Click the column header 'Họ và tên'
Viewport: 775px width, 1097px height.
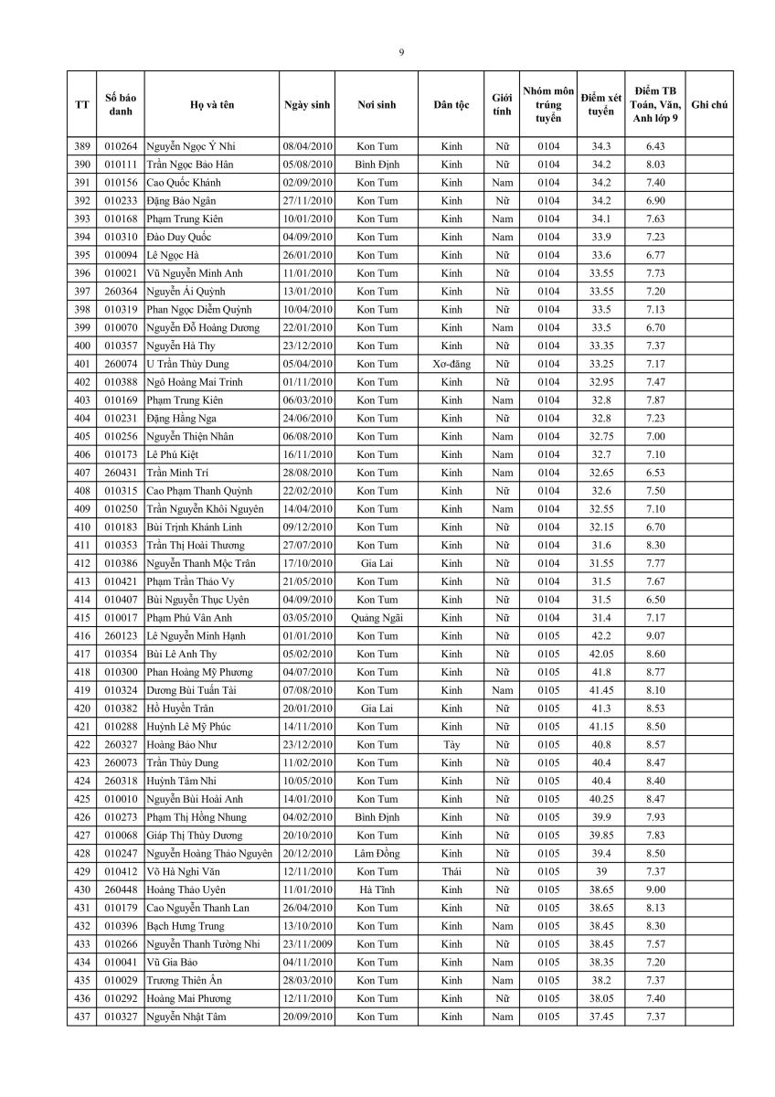(x=212, y=105)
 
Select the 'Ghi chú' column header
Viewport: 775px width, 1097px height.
(x=709, y=105)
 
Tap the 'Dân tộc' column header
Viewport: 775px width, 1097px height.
(x=451, y=105)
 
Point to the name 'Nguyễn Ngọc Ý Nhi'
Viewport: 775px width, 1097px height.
(x=190, y=146)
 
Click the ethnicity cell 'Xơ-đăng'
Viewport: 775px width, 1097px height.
(x=451, y=364)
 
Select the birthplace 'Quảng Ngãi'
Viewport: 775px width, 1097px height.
(x=377, y=618)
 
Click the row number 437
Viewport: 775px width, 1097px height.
(x=81, y=1016)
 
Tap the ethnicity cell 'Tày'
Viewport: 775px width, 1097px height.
(x=451, y=744)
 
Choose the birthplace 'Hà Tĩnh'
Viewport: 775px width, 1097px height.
(x=377, y=889)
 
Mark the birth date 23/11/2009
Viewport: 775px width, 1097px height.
(x=307, y=943)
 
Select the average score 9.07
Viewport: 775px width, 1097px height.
(x=654, y=635)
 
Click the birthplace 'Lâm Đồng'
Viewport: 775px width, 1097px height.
(x=377, y=853)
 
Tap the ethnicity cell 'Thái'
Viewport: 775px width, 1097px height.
(x=451, y=871)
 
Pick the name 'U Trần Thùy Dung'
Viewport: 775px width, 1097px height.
(x=187, y=364)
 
